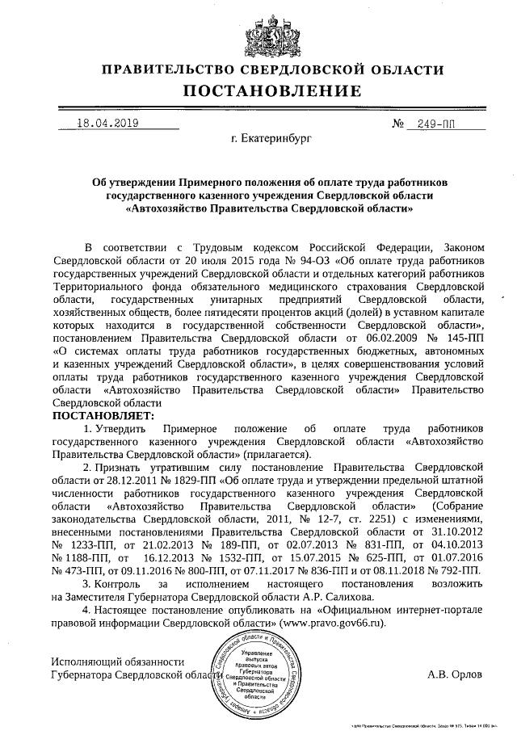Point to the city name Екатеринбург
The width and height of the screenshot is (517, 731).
point(271,140)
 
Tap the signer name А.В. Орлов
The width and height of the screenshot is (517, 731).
point(456,674)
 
